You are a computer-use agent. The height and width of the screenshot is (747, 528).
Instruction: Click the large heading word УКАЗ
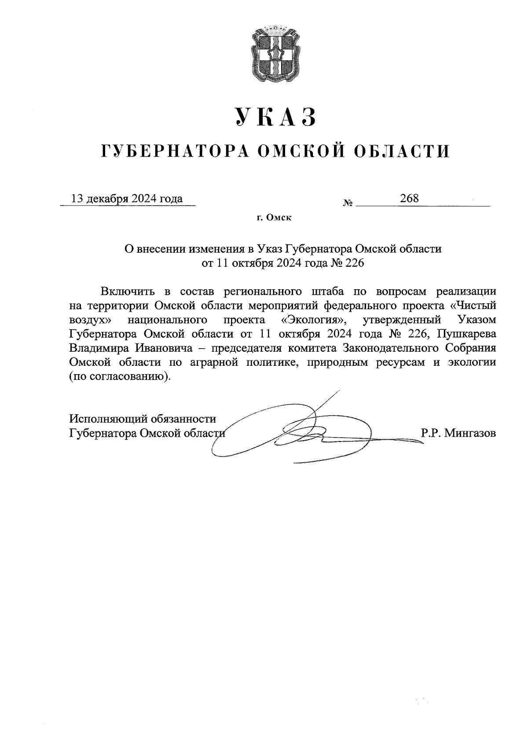pos(276,117)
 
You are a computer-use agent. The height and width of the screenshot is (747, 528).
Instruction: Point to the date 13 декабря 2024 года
pos(127,199)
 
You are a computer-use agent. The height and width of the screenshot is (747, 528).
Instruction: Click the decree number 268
pos(409,199)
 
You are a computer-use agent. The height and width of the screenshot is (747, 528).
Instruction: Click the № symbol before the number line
pos(348,204)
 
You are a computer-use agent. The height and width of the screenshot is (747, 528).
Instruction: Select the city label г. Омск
pos(275,217)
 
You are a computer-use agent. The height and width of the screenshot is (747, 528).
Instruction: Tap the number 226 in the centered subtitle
pos(355,263)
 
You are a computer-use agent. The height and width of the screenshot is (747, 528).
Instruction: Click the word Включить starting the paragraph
pos(128,291)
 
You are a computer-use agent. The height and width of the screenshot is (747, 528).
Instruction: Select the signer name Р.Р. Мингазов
pos(458,433)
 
